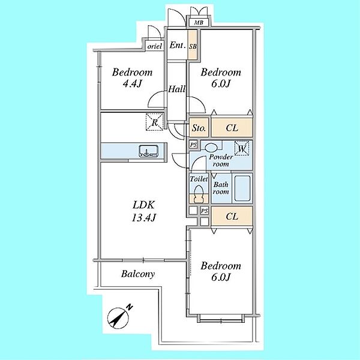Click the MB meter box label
199,23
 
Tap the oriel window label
155,46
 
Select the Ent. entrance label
177,45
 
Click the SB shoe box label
193,46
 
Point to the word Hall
177,89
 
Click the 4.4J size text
132,84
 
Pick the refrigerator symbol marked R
155,122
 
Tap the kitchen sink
149,151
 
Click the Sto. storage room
199,128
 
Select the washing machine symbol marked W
242,148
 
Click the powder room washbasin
211,147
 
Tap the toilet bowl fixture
199,194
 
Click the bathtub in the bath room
242,188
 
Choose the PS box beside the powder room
193,145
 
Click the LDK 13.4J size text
144,217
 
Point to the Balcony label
138,274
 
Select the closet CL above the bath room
232,128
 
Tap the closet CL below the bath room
232,216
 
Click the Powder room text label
221,160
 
